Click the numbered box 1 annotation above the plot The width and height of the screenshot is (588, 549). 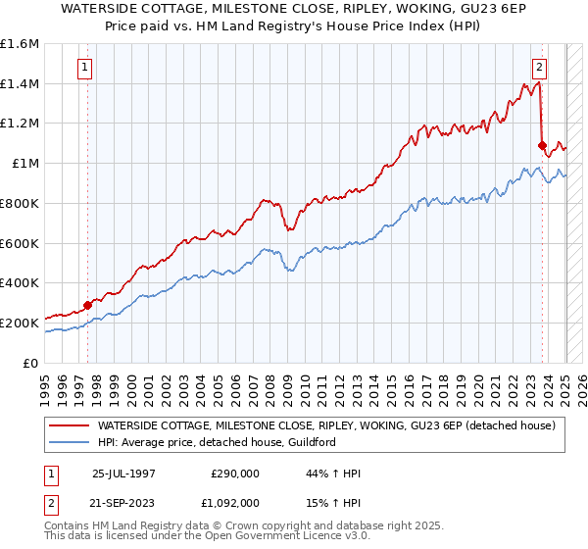pyautogui.click(x=85, y=68)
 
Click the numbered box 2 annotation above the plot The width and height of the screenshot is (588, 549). pyautogui.click(x=539, y=68)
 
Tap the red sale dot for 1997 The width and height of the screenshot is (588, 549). pyautogui.click(x=87, y=304)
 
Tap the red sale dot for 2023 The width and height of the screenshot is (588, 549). pyautogui.click(x=542, y=145)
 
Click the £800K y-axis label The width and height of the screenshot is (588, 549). pyautogui.click(x=20, y=203)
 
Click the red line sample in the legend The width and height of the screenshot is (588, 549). pyautogui.click(x=69, y=425)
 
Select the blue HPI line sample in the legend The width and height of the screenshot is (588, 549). pyautogui.click(x=69, y=442)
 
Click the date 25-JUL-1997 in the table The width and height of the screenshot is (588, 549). pyautogui.click(x=123, y=474)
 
